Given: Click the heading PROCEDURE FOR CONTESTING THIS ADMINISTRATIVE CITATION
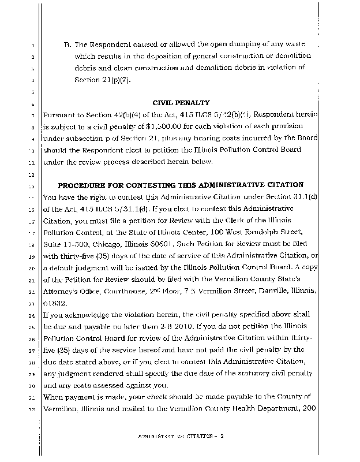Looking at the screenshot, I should coord(181,185).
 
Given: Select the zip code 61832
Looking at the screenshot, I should coord(55,302).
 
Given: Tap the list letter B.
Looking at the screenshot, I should coord(67,44).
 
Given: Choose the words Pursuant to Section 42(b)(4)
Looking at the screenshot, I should coord(92,114).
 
